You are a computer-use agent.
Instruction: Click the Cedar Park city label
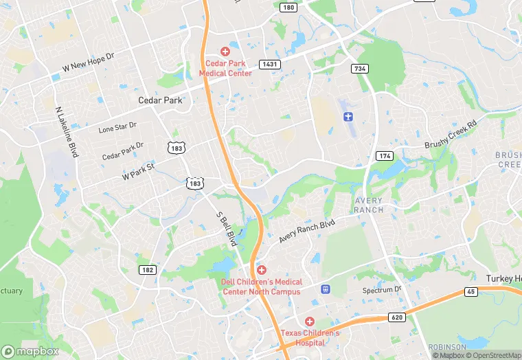click(x=160, y=100)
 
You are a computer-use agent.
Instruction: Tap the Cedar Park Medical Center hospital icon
click(x=225, y=52)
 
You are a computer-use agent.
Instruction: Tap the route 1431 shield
click(x=269, y=64)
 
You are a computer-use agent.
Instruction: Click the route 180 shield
click(x=288, y=8)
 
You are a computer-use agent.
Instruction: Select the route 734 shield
click(x=359, y=69)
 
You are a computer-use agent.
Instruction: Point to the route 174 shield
click(x=384, y=157)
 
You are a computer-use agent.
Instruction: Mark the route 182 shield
click(x=146, y=270)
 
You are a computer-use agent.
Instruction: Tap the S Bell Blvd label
click(x=226, y=229)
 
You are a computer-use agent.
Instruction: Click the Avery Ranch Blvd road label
click(x=307, y=232)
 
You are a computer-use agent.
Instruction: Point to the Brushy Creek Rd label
click(x=451, y=135)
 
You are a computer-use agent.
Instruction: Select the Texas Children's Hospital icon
click(x=310, y=322)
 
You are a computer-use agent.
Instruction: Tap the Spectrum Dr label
click(x=382, y=290)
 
